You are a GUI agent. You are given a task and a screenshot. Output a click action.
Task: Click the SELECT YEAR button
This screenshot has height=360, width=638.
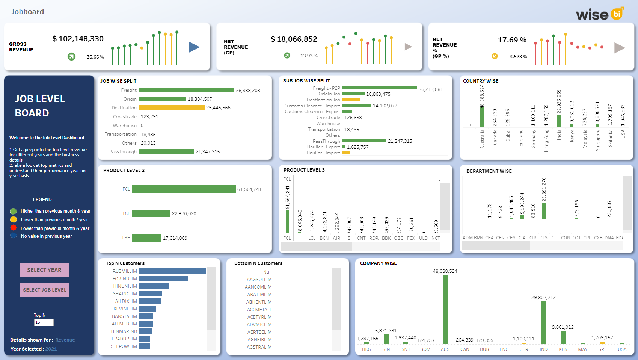tap(44, 270)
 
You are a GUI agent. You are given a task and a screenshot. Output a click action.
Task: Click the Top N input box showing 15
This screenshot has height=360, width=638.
tap(44, 322)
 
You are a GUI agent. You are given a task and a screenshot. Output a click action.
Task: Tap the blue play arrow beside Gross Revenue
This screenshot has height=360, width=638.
tap(194, 47)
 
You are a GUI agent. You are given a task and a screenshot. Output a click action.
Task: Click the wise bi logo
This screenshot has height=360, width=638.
tap(599, 14)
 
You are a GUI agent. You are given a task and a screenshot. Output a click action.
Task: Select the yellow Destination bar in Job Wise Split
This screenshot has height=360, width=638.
tap(172, 107)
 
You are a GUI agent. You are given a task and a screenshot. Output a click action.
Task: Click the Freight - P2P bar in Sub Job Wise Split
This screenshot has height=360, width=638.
tap(379, 88)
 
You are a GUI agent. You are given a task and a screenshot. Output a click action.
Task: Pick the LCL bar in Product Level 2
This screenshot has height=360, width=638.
tap(151, 213)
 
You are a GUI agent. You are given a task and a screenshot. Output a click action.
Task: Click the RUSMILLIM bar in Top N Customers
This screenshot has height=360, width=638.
tap(172, 271)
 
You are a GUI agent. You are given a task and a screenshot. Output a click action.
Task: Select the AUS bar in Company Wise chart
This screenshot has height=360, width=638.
tap(445, 309)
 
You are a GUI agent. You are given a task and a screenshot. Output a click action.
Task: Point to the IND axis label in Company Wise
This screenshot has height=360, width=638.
tap(543, 349)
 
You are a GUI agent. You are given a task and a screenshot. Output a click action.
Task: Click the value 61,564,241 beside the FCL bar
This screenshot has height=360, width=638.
tap(249, 189)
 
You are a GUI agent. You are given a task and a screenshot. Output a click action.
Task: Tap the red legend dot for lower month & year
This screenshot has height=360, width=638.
tap(14, 228)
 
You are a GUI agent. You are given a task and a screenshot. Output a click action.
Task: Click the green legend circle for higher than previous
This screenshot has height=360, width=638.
tap(14, 211)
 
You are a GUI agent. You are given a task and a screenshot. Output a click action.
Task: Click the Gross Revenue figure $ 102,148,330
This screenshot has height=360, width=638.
tap(78, 39)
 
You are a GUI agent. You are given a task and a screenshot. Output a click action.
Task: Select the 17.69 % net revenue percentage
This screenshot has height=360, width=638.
tap(512, 40)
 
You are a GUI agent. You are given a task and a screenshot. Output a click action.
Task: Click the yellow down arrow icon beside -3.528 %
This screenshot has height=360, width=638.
tap(495, 56)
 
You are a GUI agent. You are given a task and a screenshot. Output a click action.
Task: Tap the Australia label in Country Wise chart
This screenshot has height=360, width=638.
tap(482, 139)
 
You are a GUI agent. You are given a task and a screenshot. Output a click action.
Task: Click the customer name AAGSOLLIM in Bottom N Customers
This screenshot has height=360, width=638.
tap(259, 279)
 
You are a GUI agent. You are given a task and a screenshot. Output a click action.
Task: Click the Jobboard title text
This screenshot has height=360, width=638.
tap(27, 12)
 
